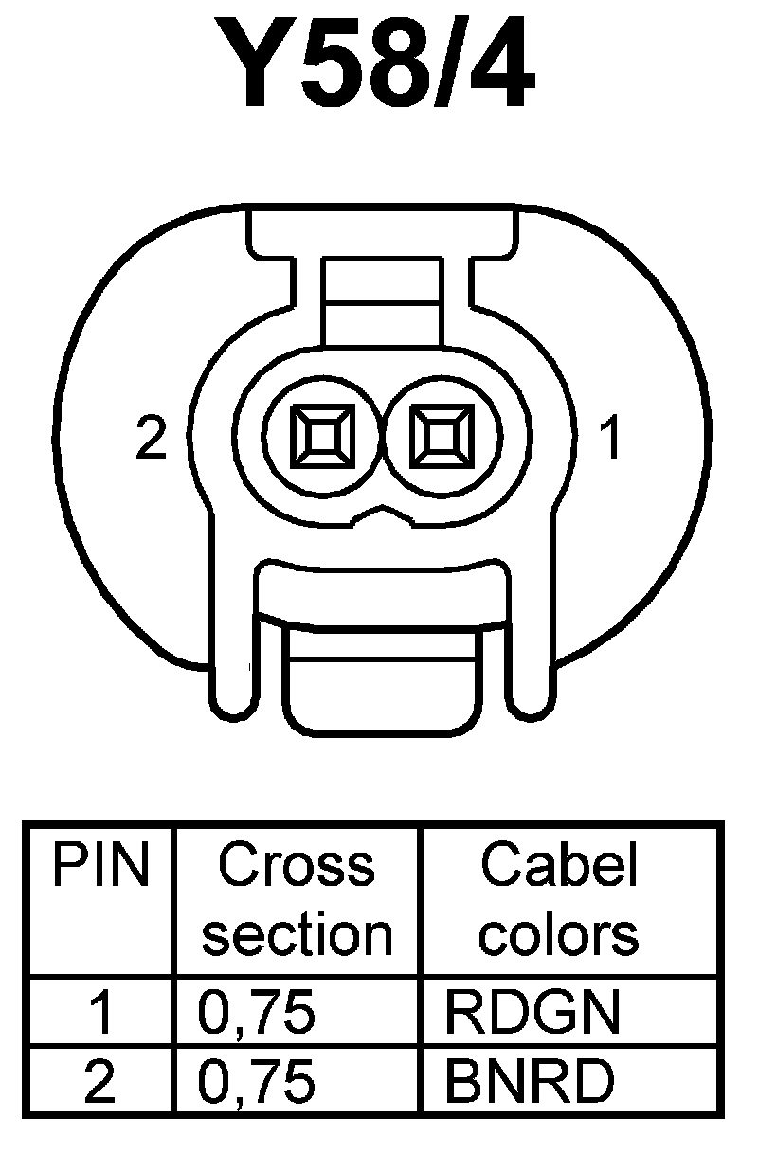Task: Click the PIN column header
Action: pyautogui.click(x=100, y=866)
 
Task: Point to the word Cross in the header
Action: pyautogui.click(x=297, y=866)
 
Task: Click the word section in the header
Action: pyautogui.click(x=297, y=934)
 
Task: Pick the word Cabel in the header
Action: pyautogui.click(x=559, y=866)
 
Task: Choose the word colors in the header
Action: pyautogui.click(x=559, y=934)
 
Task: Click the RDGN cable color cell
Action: pyautogui.click(x=532, y=1013)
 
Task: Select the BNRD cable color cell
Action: pyautogui.click(x=529, y=1081)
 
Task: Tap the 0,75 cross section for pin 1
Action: pyautogui.click(x=256, y=1013)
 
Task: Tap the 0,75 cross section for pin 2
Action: pyautogui.click(x=256, y=1081)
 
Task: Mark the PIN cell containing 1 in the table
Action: pyautogui.click(x=100, y=1013)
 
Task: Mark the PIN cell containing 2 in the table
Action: pyautogui.click(x=100, y=1081)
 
